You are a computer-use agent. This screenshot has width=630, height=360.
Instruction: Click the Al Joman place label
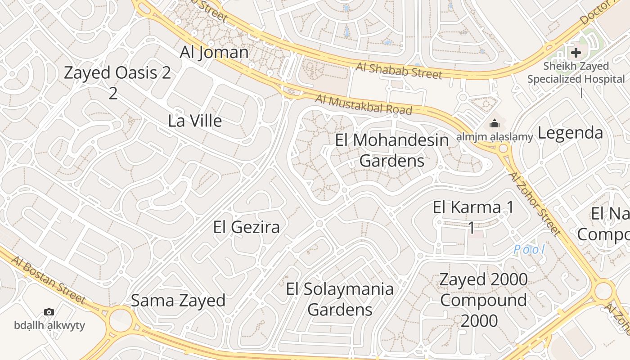214,53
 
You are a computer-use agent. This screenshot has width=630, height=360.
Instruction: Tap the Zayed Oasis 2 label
117,73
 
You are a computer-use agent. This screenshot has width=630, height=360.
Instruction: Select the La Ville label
195,121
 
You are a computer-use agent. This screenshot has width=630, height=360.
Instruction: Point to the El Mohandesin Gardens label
392,150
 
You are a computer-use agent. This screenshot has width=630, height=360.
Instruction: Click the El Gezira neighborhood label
247,227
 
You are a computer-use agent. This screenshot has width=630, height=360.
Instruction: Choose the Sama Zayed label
178,301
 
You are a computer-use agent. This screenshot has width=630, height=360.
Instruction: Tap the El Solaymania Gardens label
340,299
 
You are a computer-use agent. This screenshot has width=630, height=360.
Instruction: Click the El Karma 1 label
473,208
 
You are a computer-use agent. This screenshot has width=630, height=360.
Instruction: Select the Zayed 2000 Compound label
483,290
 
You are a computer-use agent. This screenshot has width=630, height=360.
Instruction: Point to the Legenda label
570,133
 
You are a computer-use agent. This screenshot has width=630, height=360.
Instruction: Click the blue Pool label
530,249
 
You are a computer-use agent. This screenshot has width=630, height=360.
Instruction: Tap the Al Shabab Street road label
399,71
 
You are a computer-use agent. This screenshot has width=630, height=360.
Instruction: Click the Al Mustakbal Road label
364,104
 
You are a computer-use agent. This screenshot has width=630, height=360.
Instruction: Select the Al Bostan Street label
48,279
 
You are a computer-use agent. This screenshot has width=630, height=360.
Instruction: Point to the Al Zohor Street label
535,203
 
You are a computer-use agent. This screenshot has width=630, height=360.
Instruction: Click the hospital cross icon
576,53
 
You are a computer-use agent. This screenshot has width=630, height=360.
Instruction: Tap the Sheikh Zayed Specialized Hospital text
576,72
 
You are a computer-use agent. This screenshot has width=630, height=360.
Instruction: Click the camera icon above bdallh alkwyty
49,312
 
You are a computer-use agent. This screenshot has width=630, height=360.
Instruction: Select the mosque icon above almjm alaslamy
495,123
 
